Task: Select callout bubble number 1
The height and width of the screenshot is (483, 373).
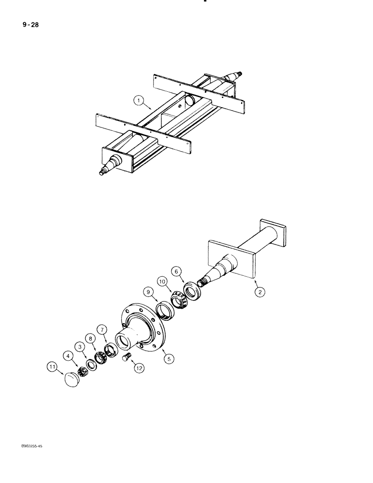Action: pyautogui.click(x=139, y=101)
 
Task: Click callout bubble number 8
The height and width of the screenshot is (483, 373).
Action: pyautogui.click(x=89, y=338)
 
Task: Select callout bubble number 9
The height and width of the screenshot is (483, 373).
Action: pyautogui.click(x=147, y=292)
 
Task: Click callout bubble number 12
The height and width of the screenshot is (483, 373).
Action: pyautogui.click(x=139, y=368)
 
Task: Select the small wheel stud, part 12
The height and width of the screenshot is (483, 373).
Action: pyautogui.click(x=128, y=357)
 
